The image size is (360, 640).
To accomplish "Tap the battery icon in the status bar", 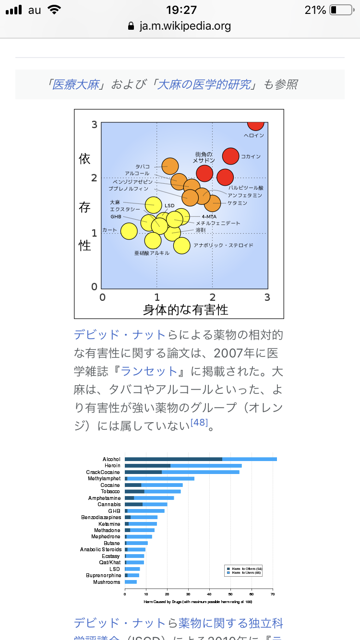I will (341, 10).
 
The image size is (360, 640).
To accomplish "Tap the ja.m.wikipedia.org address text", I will (185, 26).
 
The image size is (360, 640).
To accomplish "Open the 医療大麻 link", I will (75, 85).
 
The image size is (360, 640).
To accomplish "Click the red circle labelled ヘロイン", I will (256, 123).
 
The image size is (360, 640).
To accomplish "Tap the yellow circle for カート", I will (129, 231).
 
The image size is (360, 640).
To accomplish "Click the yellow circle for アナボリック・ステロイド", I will (182, 245).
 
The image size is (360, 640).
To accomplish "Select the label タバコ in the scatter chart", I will (143, 166).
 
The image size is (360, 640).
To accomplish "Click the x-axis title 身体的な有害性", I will (185, 309).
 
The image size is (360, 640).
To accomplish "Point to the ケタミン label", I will (237, 203).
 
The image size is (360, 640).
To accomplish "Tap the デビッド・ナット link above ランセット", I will (120, 335).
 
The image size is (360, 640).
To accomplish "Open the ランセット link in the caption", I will (149, 371).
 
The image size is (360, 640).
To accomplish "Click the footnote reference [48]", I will (199, 423).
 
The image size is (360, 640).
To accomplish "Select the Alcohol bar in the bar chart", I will (201, 460).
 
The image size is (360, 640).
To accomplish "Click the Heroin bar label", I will (112, 466).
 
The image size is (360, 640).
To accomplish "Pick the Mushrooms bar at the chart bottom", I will (131, 582).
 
